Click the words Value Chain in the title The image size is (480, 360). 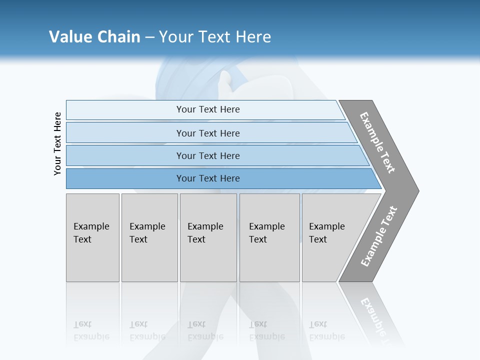pyautogui.click(x=94, y=37)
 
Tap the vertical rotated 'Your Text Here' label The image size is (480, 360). pyautogui.click(x=57, y=143)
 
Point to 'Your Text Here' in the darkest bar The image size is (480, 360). pyautogui.click(x=208, y=178)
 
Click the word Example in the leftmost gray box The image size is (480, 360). pyautogui.click(x=91, y=226)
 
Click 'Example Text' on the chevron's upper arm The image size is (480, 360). pyautogui.click(x=377, y=142)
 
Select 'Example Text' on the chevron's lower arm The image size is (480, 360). pyautogui.click(x=379, y=236)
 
